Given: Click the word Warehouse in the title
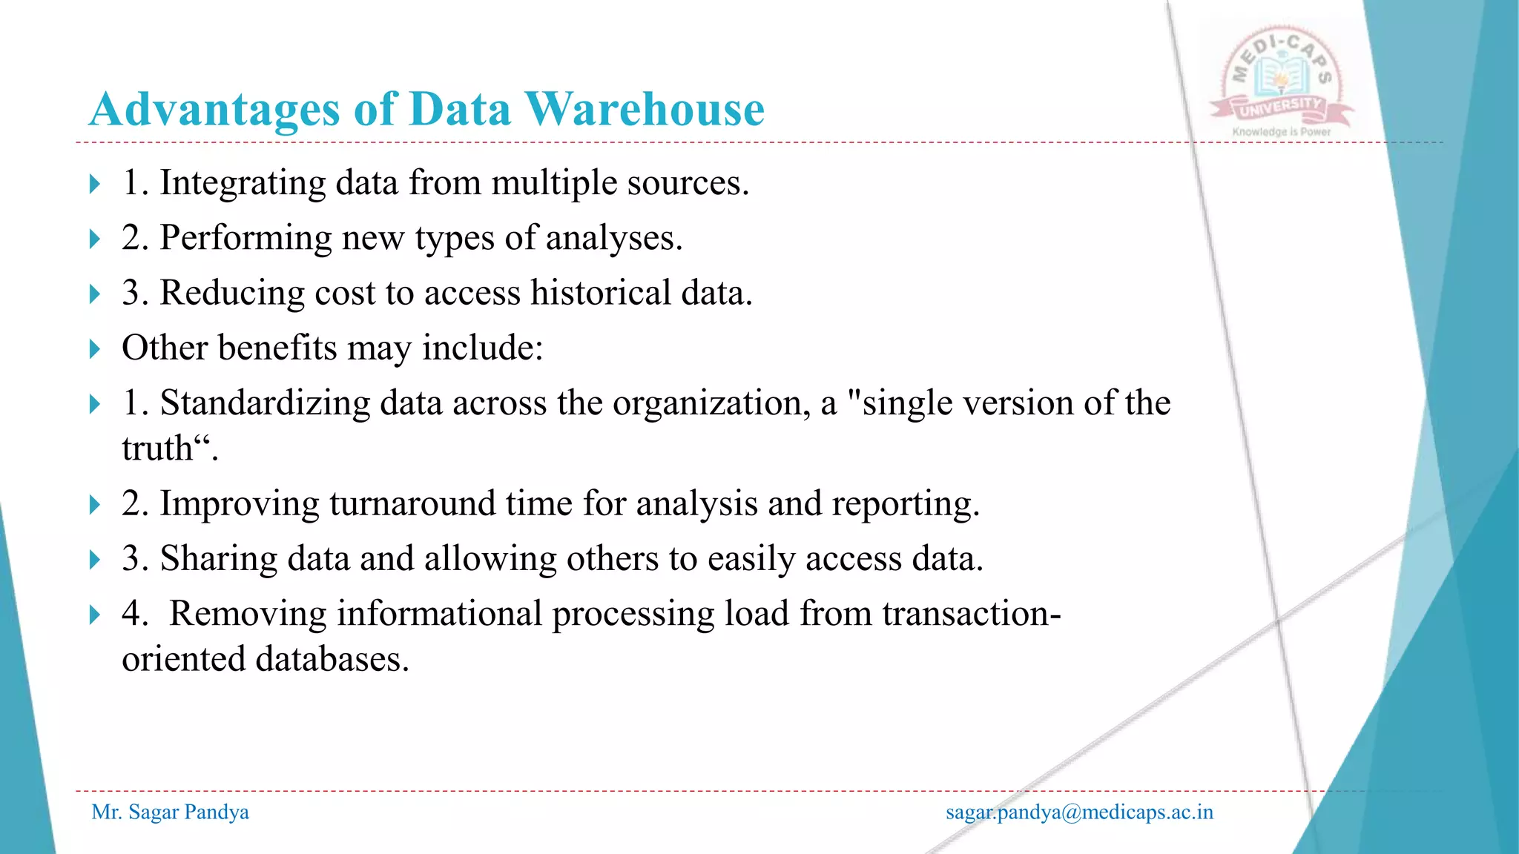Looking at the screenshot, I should tap(645, 109).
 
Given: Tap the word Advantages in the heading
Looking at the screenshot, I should tap(214, 109).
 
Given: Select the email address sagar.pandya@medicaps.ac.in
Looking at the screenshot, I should tap(1079, 812).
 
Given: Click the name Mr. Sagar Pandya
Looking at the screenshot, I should tap(170, 812).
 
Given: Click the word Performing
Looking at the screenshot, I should tap(246, 238).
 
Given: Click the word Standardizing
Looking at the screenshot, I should tap(265, 403).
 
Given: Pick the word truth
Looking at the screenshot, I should tap(157, 448).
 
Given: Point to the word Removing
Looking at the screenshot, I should tap(248, 613).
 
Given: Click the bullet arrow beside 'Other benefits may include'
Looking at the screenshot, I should tap(94, 348).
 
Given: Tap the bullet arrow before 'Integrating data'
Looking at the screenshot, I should tap(94, 184).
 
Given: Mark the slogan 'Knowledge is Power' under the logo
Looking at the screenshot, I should tap(1281, 132).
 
